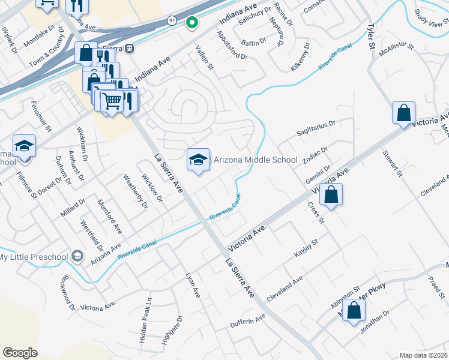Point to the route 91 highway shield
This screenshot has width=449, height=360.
[172, 20]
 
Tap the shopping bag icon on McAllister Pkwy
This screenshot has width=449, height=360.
[354, 311]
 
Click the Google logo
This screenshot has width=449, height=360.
[20, 352]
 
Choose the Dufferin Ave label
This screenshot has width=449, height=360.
[247, 322]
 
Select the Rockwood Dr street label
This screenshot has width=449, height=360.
[67, 293]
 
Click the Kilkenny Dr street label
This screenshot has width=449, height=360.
[301, 57]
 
